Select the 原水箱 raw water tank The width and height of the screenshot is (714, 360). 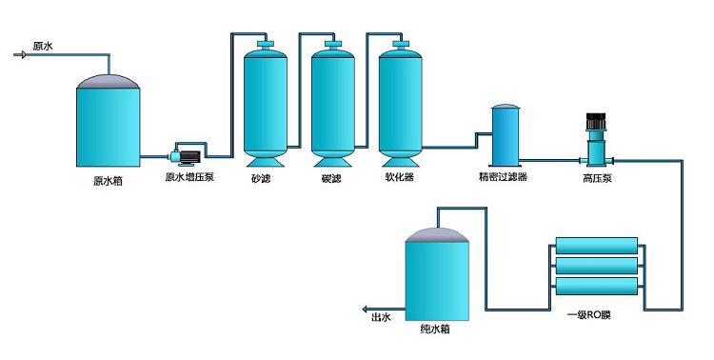click(x=109, y=120)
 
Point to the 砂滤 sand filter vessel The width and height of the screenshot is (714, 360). click(x=266, y=100)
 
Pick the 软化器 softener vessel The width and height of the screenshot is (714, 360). click(x=400, y=100)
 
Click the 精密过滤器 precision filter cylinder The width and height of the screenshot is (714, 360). click(x=505, y=135)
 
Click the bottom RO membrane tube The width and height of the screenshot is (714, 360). click(x=595, y=285)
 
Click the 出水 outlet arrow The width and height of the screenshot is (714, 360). click(x=365, y=310)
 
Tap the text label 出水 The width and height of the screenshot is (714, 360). click(x=381, y=320)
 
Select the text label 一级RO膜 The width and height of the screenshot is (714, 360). click(x=588, y=314)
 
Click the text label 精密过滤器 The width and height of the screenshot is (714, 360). click(x=504, y=177)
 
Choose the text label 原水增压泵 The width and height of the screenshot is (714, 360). click(x=189, y=177)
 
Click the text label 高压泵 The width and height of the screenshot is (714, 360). click(x=597, y=178)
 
